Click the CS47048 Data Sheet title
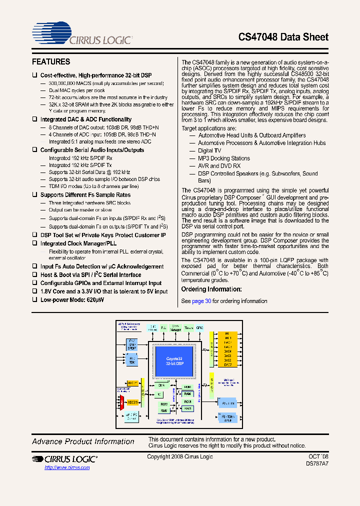click(283, 37)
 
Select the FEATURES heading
click(51, 62)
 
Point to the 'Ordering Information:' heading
click(211, 289)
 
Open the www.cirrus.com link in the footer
click(67, 467)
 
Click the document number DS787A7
click(317, 464)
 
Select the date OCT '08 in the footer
click(318, 456)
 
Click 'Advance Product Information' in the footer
click(83, 441)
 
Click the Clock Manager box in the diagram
click(175, 328)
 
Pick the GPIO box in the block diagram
click(200, 327)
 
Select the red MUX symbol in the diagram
click(121, 401)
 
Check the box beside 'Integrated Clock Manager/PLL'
click(34, 243)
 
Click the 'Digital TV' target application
click(209, 150)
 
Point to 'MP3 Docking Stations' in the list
click(224, 158)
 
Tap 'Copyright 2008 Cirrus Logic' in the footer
click(180, 456)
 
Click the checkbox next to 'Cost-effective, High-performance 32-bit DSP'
click(34, 75)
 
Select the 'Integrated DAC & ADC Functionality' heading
click(85, 119)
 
